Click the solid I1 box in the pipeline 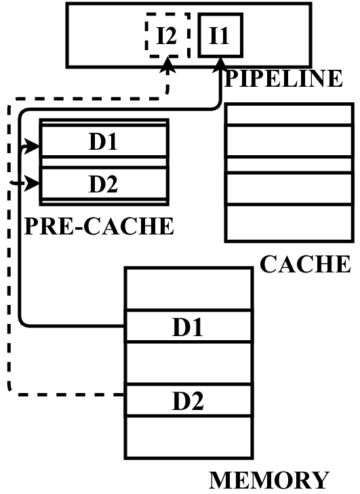219,36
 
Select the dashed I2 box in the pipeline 163,36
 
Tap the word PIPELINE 283,78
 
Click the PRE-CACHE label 99,226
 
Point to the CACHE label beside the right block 305,264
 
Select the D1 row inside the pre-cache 104,143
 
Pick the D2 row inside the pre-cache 104,183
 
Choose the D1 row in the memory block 188,327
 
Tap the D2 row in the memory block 188,400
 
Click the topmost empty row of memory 188,289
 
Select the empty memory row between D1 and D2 188,364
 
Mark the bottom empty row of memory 188,437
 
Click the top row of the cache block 289,114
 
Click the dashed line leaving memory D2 68,394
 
